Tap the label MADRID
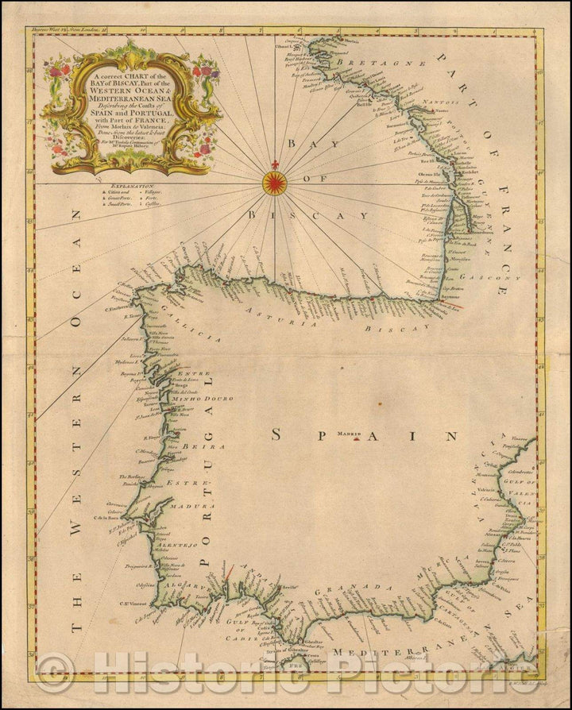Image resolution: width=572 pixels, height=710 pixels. coord(348,434)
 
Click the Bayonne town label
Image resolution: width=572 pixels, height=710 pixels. coord(435,295)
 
